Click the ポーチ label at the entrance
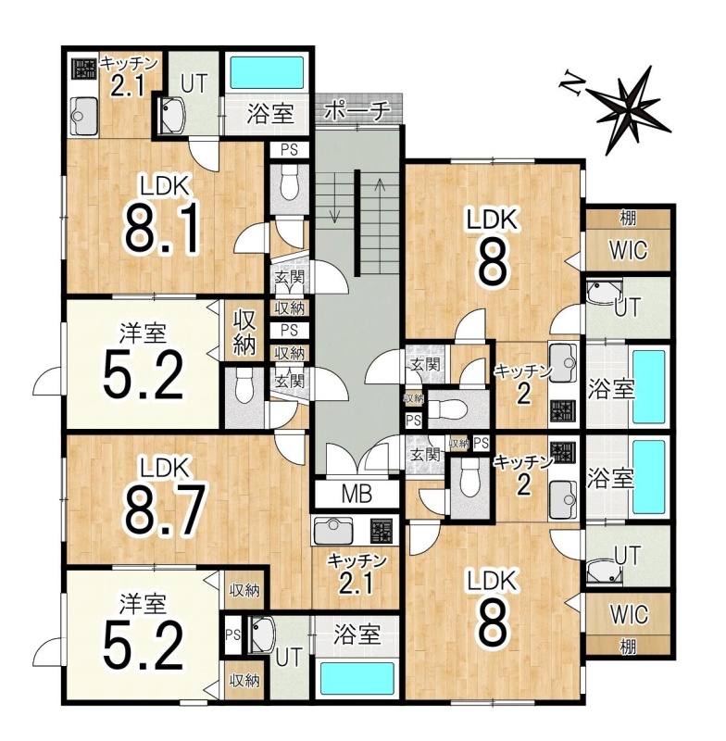tap(358, 111)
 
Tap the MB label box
tap(357, 494)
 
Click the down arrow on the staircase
tap(334, 198)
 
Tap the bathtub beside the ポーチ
tap(266, 72)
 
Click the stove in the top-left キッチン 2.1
tap(83, 69)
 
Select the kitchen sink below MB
tap(334, 530)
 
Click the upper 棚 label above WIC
tap(628, 218)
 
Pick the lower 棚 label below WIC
tap(628, 647)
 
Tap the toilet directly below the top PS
tap(289, 185)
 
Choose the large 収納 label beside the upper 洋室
tap(244, 333)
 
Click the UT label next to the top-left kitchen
tap(194, 83)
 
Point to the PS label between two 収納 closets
tap(289, 330)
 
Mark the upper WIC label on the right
tap(628, 250)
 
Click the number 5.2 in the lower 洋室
tap(144, 645)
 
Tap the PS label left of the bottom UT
tap(232, 634)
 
